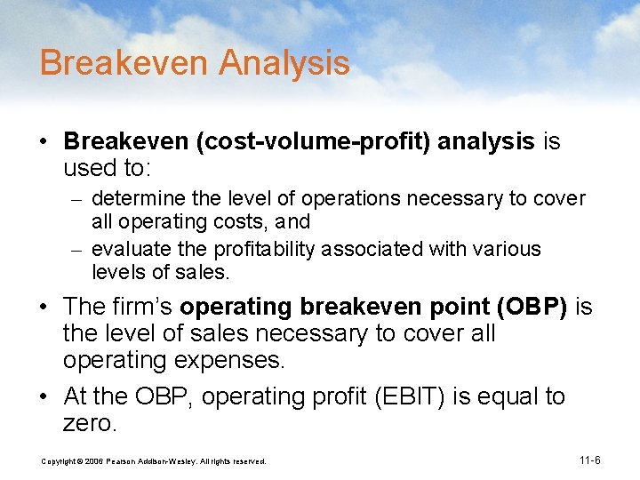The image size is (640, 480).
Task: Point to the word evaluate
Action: pyautogui.click(x=128, y=250)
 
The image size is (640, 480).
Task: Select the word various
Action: pyautogui.click(x=508, y=250)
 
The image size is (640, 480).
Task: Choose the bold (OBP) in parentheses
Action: pyautogui.click(x=533, y=307)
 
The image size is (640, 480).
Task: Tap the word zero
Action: pyautogui.click(x=89, y=424)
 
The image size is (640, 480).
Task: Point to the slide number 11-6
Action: pyautogui.click(x=589, y=460)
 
